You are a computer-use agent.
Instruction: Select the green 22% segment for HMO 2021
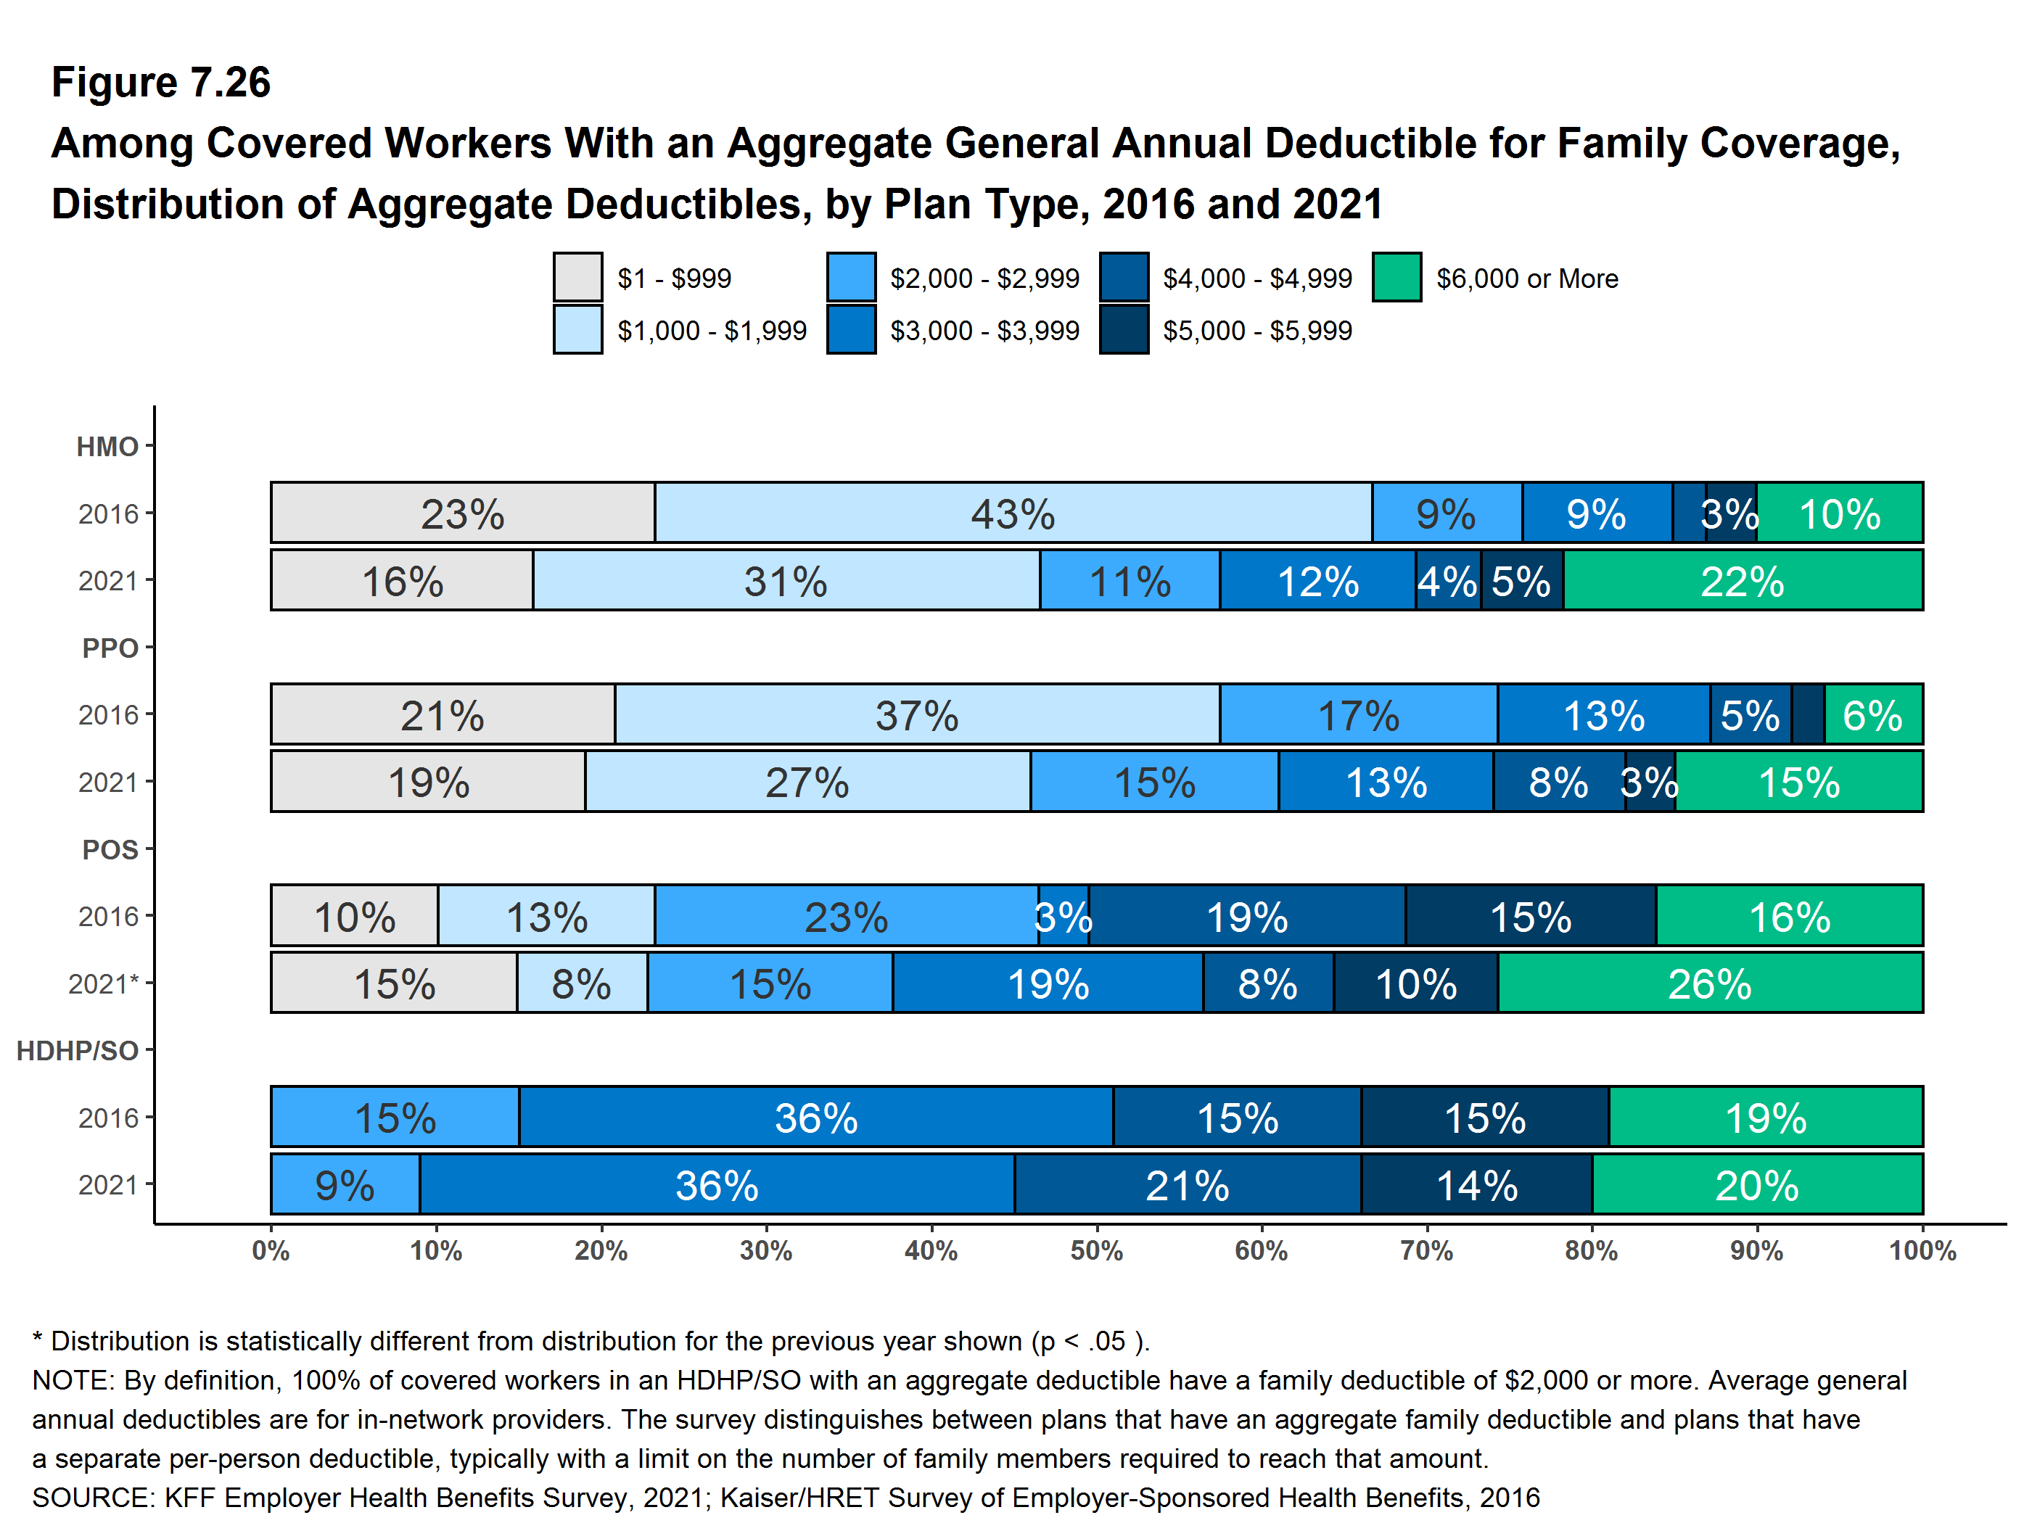(x=1743, y=581)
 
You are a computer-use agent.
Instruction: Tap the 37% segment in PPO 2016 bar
(x=917, y=714)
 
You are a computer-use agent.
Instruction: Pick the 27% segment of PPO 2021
(x=807, y=782)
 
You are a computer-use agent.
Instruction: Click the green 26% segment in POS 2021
(x=1709, y=983)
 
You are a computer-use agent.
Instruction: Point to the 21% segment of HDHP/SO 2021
(x=1187, y=1184)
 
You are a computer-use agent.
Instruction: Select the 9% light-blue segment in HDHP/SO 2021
(x=345, y=1184)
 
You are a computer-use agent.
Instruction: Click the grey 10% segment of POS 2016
(x=354, y=916)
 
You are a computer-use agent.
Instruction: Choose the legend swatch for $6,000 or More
(x=1396, y=277)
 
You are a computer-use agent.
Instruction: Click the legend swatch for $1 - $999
(x=577, y=277)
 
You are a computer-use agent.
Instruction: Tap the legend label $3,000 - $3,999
(x=984, y=330)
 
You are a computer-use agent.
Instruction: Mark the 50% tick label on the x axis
(x=1096, y=1250)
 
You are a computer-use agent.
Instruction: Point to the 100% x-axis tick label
(x=1922, y=1250)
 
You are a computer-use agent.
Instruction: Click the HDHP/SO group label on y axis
(x=78, y=1050)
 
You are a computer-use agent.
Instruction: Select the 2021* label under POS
(x=102, y=983)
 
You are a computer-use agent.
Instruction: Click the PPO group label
(x=110, y=648)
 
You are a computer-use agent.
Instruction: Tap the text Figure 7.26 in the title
(x=161, y=83)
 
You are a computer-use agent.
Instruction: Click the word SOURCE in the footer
(x=92, y=1498)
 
